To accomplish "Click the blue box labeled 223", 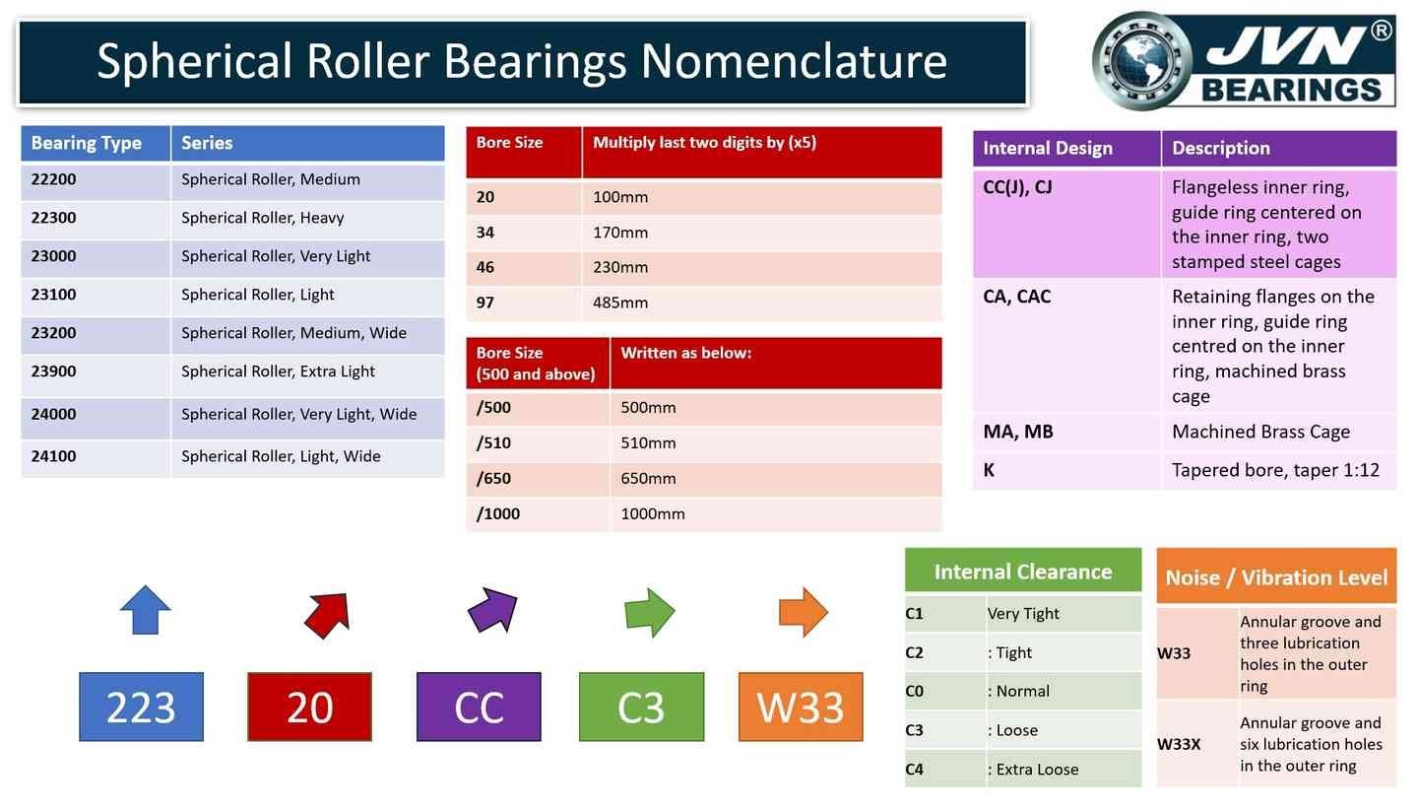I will click(141, 707).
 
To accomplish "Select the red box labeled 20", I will click(309, 707).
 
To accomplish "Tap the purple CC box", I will click(479, 707).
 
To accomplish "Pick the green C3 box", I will click(641, 707).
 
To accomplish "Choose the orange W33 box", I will click(801, 707).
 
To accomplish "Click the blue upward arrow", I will click(146, 610).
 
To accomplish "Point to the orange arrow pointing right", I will click(804, 612).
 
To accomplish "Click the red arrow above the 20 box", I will click(328, 614).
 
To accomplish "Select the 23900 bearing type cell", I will click(96, 372).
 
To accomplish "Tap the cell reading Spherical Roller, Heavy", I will click(307, 219).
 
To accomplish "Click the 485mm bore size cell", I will click(764, 304).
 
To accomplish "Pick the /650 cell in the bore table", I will click(538, 479).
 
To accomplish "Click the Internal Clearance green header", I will click(1023, 572).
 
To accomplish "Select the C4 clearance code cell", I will click(945, 770).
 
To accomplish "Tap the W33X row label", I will click(1196, 744).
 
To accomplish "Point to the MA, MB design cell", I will click(1066, 432).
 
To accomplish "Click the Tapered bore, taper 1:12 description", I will click(1276, 470).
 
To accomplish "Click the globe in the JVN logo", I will click(1141, 60).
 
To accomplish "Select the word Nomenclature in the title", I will click(794, 61).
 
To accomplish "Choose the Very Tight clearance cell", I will click(1063, 614).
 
